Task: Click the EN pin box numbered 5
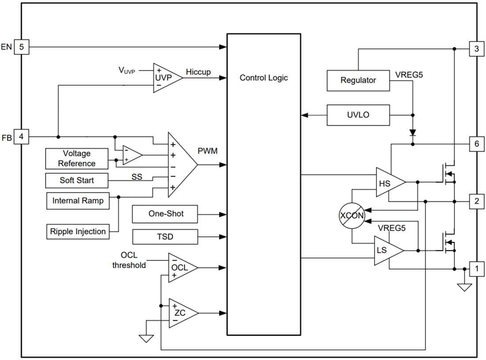(x=21, y=47)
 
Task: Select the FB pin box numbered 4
(x=21, y=137)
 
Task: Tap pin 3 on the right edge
(x=476, y=49)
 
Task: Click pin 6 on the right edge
(x=476, y=144)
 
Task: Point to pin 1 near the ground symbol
(x=476, y=268)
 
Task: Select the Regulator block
(x=358, y=80)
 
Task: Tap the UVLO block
(x=358, y=115)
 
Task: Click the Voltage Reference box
(x=76, y=158)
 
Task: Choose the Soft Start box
(x=77, y=180)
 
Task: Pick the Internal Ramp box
(x=78, y=201)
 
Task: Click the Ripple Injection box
(x=78, y=231)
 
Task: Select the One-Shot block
(x=165, y=214)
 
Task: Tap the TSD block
(x=165, y=237)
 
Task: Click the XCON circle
(x=352, y=216)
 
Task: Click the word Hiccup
(x=198, y=72)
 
